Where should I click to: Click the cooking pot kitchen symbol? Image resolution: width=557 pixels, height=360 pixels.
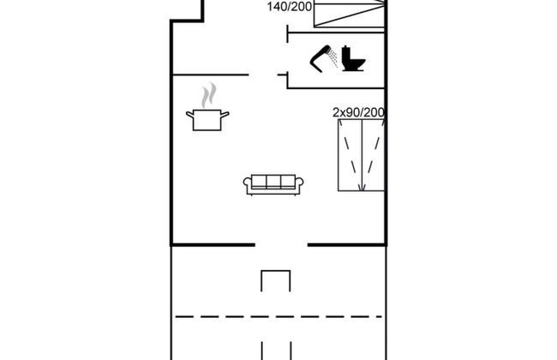pos(207,120)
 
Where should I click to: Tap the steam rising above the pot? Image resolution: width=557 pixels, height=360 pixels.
pos(209,95)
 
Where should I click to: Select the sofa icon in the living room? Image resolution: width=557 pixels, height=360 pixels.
pos(273,184)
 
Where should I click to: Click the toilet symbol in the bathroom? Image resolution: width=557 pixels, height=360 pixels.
pos(353,58)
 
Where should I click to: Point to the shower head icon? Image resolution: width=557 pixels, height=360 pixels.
pos(320,58)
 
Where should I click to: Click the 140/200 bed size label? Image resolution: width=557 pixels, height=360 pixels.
pos(290,6)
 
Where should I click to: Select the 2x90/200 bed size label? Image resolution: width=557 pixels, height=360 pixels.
pos(358,112)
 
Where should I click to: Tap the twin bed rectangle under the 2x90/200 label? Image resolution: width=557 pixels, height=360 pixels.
pos(362,155)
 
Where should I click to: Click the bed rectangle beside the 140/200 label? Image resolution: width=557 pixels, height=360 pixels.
pos(350,14)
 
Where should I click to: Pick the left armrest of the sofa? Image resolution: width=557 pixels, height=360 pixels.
pos(248,183)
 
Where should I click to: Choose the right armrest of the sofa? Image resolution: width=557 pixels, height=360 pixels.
pos(299,183)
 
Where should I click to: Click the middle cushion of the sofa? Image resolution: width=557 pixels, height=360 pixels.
pos(273,182)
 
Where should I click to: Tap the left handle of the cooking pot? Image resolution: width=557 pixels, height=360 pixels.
pos(189,115)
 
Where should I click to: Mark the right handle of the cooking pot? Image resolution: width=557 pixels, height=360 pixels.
pos(225,115)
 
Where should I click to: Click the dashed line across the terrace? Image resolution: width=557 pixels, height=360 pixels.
pos(278,316)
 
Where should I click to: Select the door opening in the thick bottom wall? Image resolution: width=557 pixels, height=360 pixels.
pos(281,244)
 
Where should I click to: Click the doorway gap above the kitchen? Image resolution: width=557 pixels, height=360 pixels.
pos(263,75)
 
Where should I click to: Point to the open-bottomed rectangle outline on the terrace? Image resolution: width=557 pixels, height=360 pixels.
pos(276,281)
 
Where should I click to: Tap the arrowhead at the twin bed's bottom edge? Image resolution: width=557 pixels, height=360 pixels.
pos(362,187)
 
